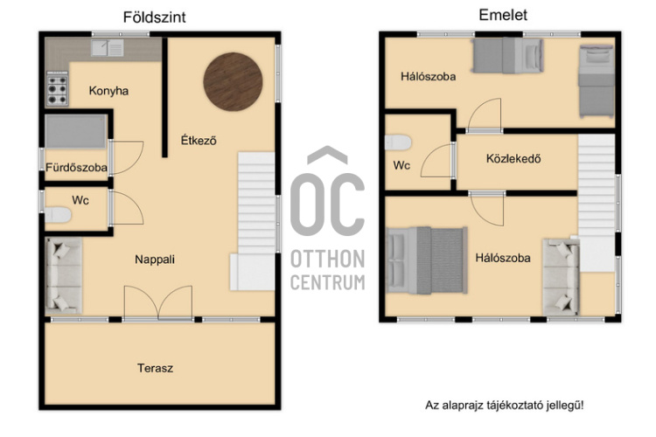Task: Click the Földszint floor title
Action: point(154,17)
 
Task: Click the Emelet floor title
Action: point(503,15)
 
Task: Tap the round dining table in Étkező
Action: point(233,81)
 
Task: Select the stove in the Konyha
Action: point(58,88)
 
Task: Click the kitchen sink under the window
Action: point(108,48)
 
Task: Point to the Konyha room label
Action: point(108,91)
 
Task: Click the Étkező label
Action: point(199,140)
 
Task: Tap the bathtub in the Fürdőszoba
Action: point(76,132)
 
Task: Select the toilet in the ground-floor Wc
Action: point(58,215)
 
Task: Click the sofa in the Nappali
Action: point(64,276)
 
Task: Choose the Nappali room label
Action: point(155,260)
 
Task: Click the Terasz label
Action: point(155,368)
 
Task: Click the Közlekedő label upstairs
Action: point(513,158)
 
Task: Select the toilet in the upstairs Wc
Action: point(398,142)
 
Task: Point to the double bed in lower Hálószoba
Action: point(427,260)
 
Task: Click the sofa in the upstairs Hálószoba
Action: point(561,277)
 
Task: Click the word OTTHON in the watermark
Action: point(328,259)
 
